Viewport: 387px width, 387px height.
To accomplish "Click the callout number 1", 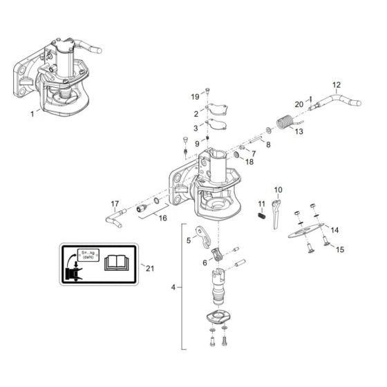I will coord(30,112).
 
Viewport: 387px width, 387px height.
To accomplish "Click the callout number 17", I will coord(115,203).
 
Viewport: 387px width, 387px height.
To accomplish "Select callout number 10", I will coord(279,189).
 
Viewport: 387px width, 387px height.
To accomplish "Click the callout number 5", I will coord(187,241).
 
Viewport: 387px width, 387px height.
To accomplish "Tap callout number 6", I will coord(205,263).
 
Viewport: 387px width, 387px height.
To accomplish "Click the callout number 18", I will coord(250,161).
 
